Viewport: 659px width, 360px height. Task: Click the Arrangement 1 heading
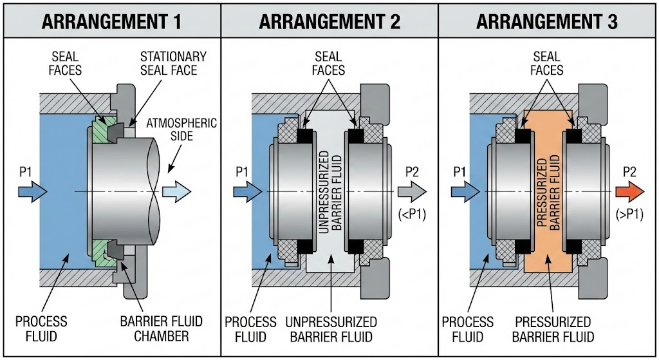[111, 21]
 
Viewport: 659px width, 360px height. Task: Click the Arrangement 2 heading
[329, 21]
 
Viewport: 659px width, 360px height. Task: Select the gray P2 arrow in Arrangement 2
[412, 191]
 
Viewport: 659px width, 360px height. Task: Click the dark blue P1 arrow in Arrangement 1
[32, 191]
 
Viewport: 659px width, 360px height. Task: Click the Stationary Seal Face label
[174, 63]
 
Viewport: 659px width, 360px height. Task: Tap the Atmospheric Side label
[182, 129]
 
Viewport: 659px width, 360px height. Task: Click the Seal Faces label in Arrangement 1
[65, 63]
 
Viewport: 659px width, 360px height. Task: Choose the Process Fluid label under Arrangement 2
[251, 328]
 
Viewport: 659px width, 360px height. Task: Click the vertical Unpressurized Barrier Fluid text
[329, 191]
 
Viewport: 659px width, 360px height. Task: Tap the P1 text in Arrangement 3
[459, 171]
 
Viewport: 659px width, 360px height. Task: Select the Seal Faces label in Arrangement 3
[548, 63]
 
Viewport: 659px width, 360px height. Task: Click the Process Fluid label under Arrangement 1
[41, 328]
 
